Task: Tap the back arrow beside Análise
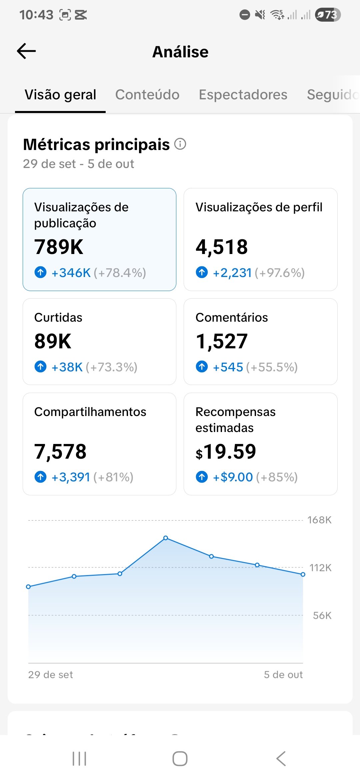point(26,51)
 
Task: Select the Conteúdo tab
point(147,95)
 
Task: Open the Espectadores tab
point(243,95)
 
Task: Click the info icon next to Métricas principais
point(180,144)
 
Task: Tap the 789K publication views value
point(59,247)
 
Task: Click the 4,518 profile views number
point(222,247)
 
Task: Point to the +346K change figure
point(71,273)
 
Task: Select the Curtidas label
point(58,318)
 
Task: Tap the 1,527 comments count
point(222,341)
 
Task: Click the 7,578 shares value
point(60,452)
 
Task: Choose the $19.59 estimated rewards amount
point(226,452)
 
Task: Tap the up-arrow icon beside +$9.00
point(202,477)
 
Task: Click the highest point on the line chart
point(166,538)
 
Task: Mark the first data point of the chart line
point(28,587)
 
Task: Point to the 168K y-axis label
point(319,520)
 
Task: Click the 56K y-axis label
point(322,615)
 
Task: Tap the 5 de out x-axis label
point(283,675)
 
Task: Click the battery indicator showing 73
point(328,15)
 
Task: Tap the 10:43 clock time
point(36,15)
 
